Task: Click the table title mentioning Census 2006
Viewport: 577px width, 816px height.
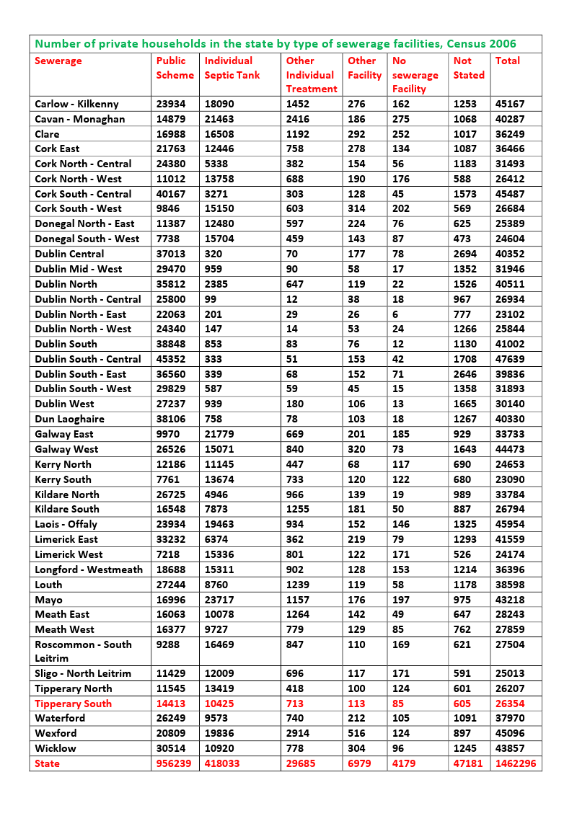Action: click(x=276, y=44)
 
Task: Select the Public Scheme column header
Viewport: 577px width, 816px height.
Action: click(x=175, y=68)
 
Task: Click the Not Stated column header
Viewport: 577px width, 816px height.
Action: click(x=469, y=68)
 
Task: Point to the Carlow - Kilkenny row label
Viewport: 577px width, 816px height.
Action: click(x=76, y=104)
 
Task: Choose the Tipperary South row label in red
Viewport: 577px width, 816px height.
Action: click(x=73, y=704)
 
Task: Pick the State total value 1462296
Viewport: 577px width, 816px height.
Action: click(x=516, y=763)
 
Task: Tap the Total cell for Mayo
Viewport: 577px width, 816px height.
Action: click(x=510, y=600)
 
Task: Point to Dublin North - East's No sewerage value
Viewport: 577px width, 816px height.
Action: click(x=396, y=314)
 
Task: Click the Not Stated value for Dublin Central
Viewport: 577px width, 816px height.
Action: click(x=465, y=254)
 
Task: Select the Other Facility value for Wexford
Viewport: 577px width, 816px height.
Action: click(x=356, y=733)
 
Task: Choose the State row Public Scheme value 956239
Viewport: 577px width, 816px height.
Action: click(x=174, y=763)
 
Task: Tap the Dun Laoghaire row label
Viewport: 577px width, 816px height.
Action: click(x=69, y=419)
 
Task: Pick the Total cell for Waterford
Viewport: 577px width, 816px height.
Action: click(x=510, y=718)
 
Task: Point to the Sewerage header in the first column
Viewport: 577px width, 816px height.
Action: click(x=58, y=61)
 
